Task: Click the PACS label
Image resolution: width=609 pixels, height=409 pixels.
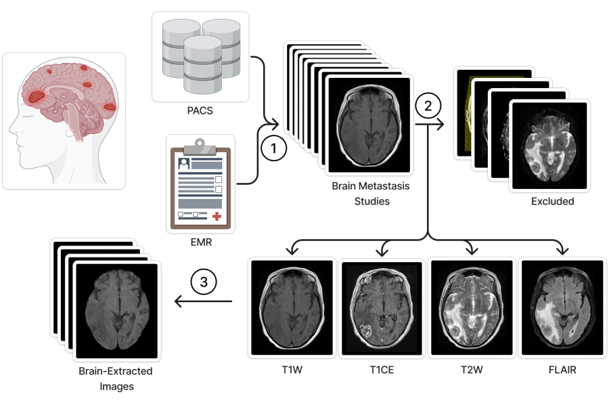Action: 200,111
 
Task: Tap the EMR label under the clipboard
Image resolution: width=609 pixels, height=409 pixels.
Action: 201,242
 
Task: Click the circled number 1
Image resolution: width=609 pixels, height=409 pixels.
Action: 274,148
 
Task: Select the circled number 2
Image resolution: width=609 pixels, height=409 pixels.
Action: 428,106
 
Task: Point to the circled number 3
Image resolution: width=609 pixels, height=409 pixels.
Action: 204,282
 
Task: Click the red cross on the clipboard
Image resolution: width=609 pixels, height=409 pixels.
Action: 217,216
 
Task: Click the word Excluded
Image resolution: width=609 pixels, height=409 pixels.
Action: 553,201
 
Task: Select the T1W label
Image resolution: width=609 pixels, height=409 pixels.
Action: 292,369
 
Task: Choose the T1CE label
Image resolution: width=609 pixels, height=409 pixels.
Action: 382,369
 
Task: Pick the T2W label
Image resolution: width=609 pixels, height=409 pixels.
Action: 472,369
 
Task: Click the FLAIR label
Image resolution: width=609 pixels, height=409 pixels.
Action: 562,369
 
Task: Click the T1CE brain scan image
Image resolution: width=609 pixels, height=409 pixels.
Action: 382,308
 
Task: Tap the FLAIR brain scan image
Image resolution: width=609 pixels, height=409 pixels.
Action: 562,307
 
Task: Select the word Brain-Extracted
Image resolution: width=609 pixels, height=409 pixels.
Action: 115,371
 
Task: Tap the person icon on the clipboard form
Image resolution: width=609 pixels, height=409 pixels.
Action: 183,163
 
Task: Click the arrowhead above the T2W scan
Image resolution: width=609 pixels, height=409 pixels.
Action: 472,250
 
